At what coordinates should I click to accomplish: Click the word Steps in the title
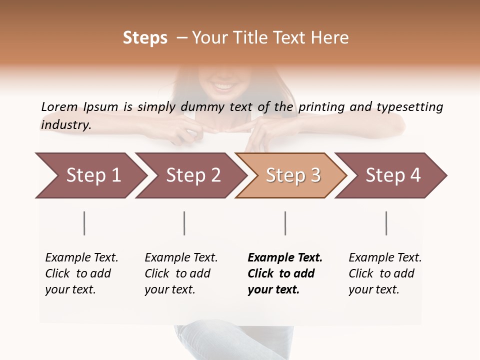pos(145,38)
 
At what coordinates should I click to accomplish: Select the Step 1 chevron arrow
pos(90,175)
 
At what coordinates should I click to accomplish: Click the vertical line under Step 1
pos(84,223)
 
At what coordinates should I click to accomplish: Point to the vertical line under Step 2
pos(184,223)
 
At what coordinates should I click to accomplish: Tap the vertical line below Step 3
pos(285,223)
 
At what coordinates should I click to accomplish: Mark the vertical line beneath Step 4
pos(386,223)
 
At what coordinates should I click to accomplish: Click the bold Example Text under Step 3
pos(285,273)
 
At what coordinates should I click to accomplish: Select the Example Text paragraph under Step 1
pos(81,273)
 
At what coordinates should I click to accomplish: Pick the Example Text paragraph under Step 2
pos(181,273)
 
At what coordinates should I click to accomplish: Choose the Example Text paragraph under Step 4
pos(385,273)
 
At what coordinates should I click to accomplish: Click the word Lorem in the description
pos(59,107)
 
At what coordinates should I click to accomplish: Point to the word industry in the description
pos(66,125)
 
